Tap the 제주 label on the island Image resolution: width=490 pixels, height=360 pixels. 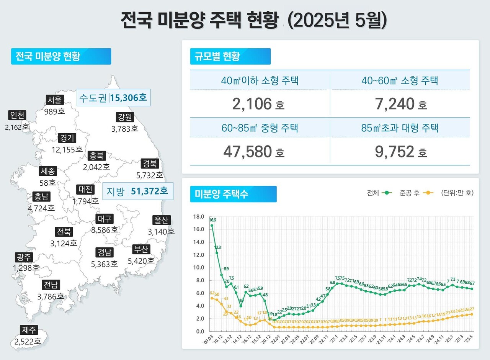tap(29, 330)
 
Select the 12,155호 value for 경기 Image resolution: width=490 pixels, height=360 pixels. tap(67, 149)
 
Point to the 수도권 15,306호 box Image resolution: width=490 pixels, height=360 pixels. tap(113, 98)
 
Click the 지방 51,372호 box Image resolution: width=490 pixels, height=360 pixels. tap(138, 191)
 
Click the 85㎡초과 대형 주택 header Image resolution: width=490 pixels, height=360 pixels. tap(400, 128)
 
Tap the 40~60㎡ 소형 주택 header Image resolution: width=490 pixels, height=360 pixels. tap(400, 80)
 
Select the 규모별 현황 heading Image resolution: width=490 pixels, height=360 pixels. tap(230, 56)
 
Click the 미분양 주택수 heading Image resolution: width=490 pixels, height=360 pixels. tap(233, 194)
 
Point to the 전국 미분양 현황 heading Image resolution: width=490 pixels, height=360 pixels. tap(60, 56)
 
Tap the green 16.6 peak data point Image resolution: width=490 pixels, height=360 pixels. tap(212, 226)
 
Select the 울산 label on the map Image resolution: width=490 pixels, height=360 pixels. tap(161, 221)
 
